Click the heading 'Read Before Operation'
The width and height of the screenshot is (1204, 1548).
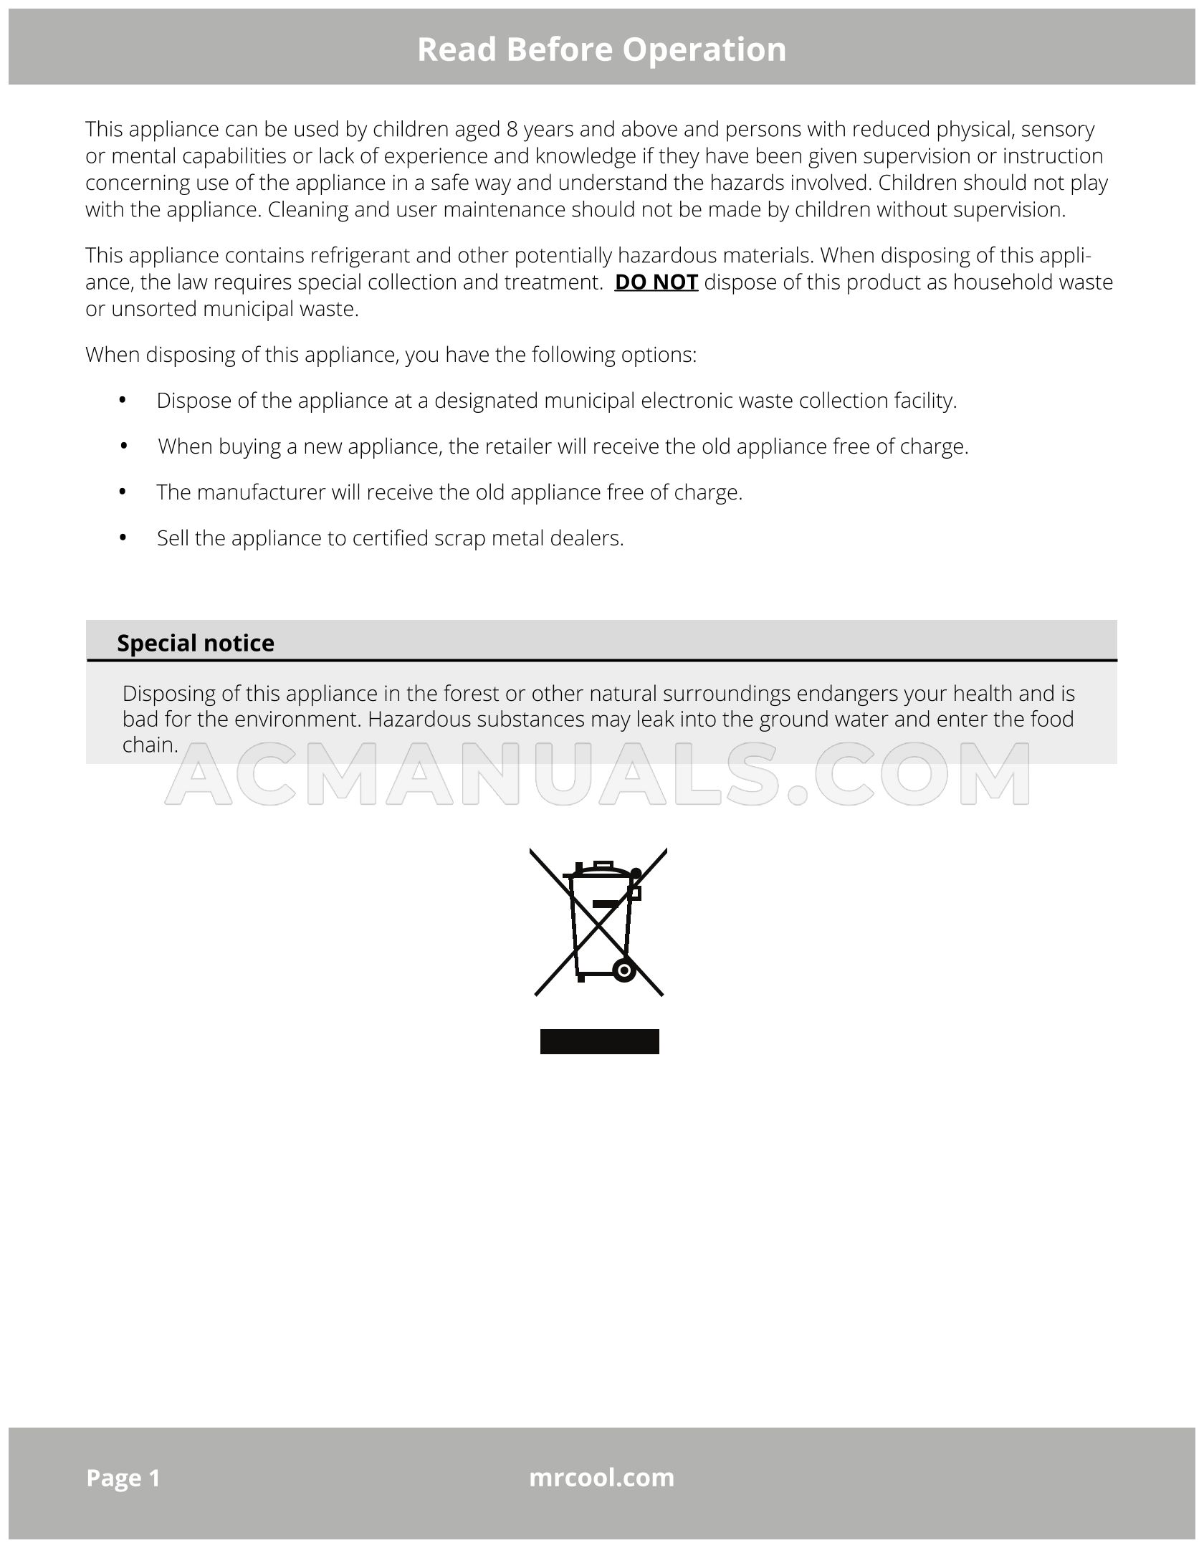[601, 49]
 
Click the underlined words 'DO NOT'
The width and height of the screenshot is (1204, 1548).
[656, 282]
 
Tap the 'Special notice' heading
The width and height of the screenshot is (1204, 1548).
[195, 643]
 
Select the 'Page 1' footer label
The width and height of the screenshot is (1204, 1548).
[123, 1477]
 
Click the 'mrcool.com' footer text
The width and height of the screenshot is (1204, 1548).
[601, 1477]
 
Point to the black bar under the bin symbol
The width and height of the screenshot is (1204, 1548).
[599, 1042]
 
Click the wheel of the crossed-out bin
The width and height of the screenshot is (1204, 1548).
[624, 970]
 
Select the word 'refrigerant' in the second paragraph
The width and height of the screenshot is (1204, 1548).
[360, 256]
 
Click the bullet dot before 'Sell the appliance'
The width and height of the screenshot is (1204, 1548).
[123, 537]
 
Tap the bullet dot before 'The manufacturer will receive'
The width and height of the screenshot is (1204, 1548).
[123, 492]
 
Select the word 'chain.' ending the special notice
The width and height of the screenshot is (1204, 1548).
[150, 745]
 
